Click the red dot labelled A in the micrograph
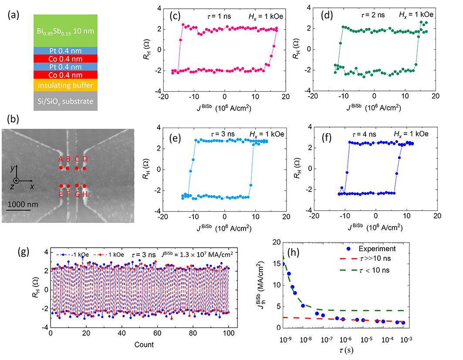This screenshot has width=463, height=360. [x=61, y=168]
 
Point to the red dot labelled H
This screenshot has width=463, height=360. [x=84, y=186]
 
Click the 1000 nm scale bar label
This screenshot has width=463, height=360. [x=22, y=204]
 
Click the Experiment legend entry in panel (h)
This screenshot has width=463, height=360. [x=378, y=249]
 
